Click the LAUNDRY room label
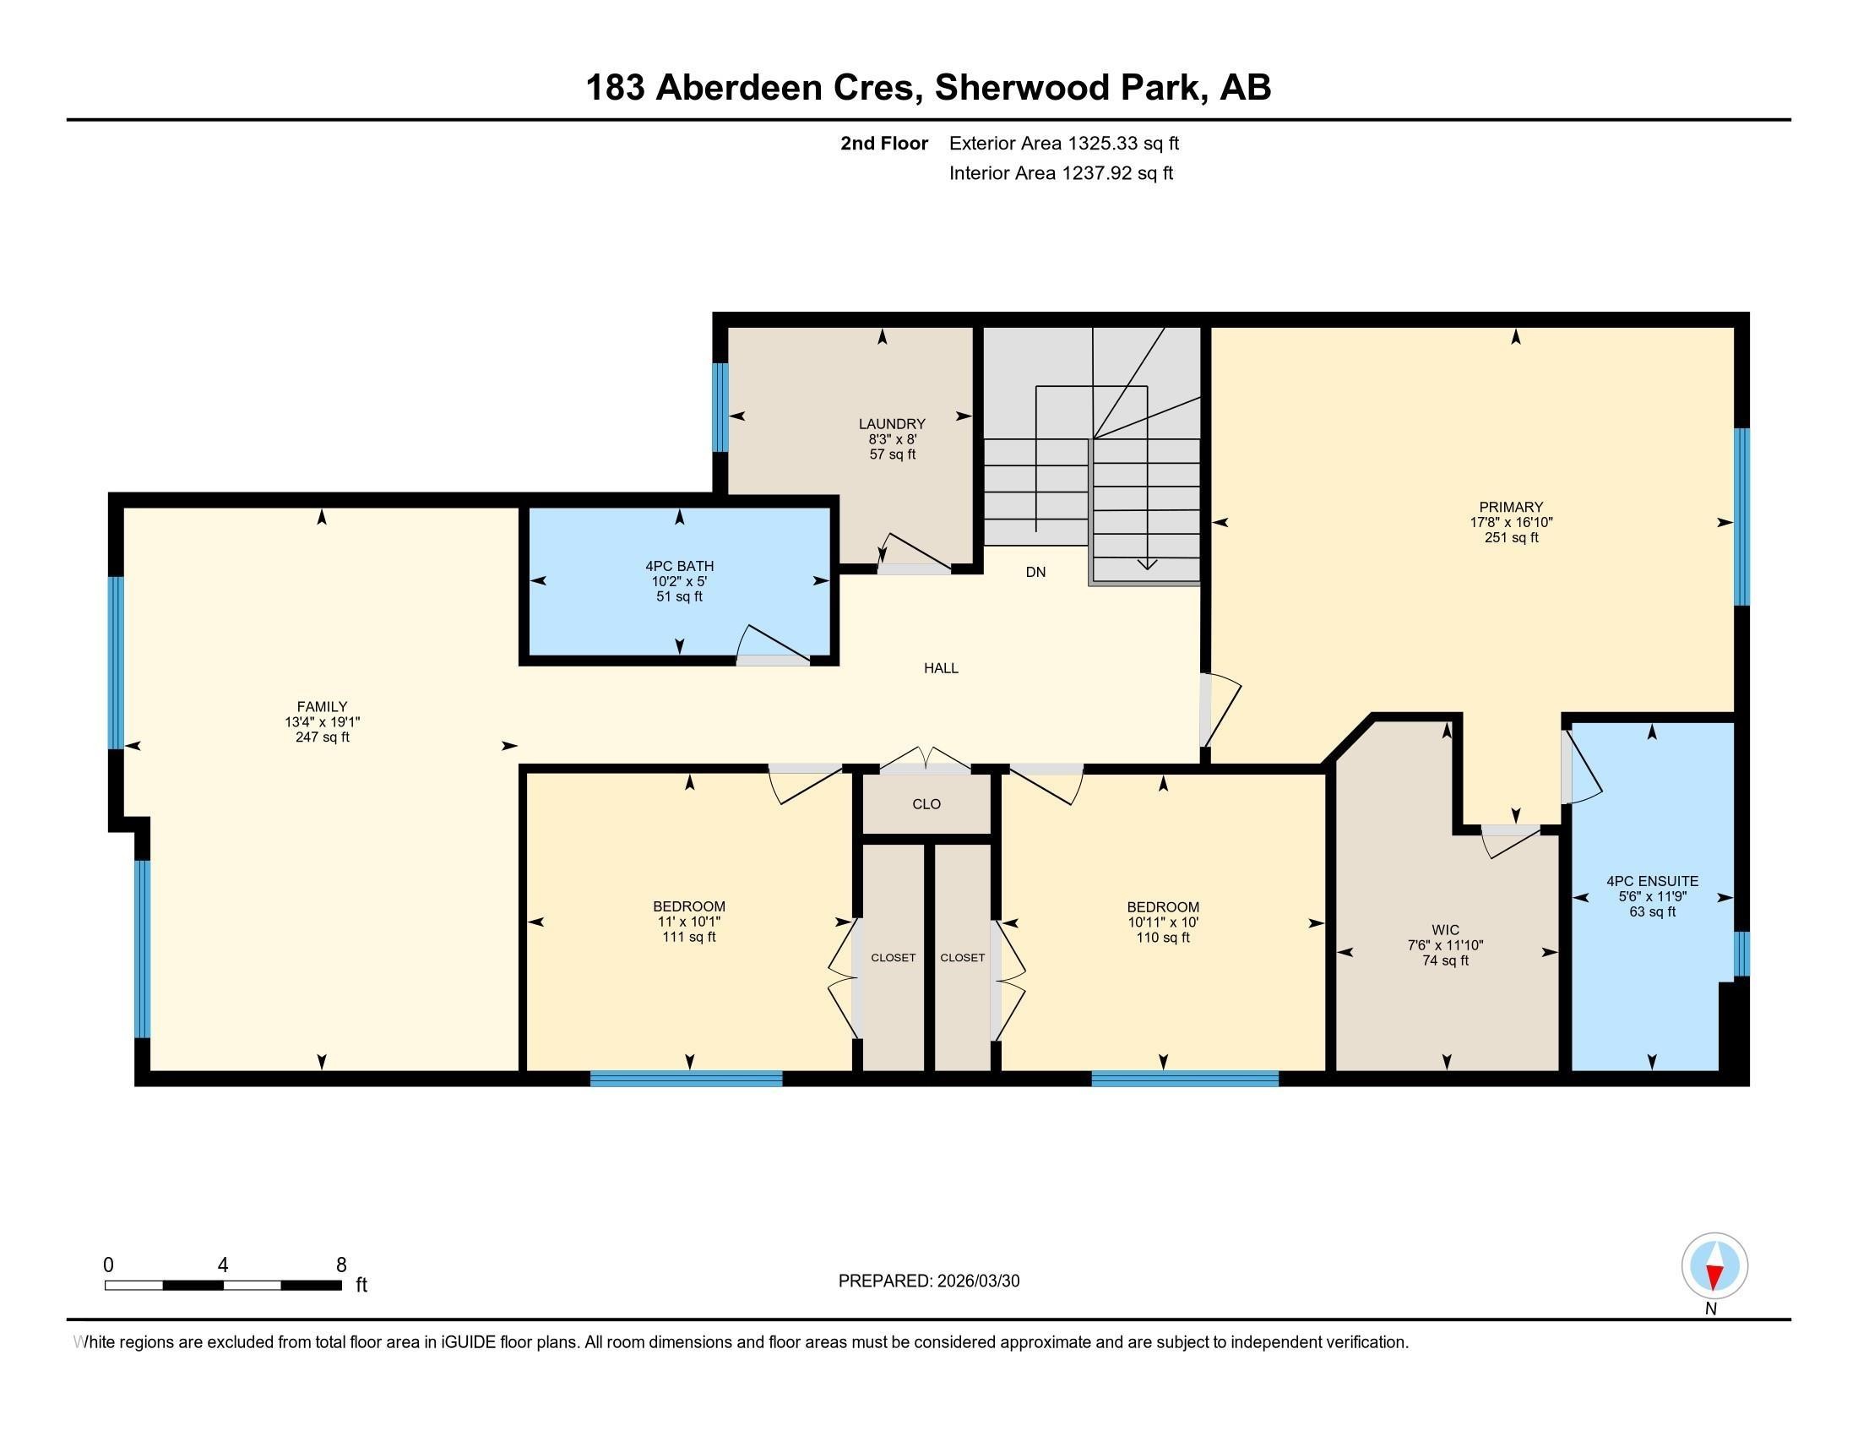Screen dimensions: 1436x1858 [x=892, y=424]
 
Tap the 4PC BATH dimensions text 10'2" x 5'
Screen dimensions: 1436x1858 [x=679, y=582]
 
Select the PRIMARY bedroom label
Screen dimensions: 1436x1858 [x=1511, y=507]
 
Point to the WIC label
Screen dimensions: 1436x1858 [x=1445, y=930]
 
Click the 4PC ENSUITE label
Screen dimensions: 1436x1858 [x=1652, y=881]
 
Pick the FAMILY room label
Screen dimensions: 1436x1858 [x=322, y=706]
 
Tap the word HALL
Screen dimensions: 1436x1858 [x=941, y=669]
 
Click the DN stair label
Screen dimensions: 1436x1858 [x=1035, y=573]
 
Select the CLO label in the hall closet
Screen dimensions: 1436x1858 [x=926, y=804]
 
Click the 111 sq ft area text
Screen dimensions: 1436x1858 [x=689, y=938]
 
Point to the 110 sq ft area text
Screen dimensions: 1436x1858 [x=1163, y=938]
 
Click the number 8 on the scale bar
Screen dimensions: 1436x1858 [x=341, y=1265]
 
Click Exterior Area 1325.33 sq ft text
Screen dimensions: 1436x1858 [x=1064, y=143]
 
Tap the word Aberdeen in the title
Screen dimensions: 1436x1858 [x=738, y=88]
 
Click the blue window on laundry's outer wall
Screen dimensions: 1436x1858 [x=720, y=407]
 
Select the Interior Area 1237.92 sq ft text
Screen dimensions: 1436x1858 [x=1061, y=173]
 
